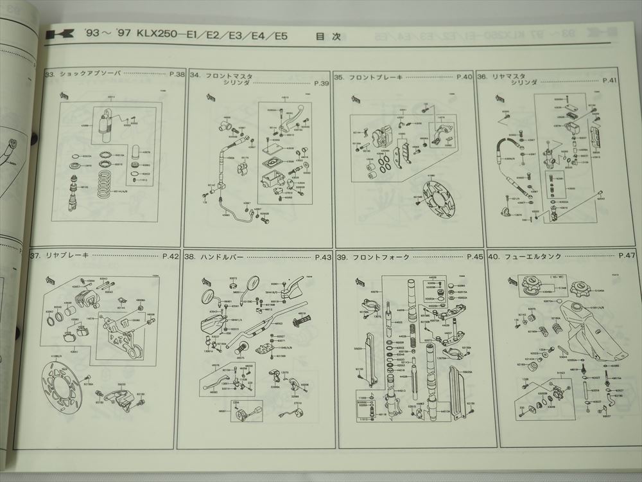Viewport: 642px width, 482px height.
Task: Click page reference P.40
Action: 464,76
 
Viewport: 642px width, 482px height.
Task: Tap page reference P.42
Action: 170,256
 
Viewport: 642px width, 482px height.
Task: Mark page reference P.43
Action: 322,257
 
